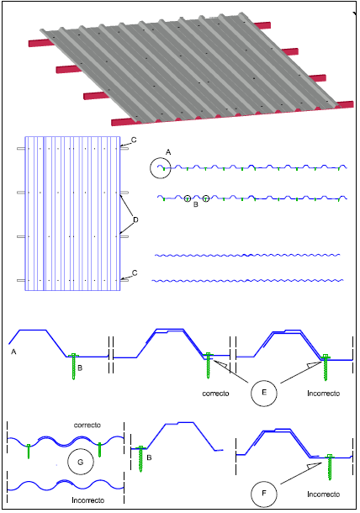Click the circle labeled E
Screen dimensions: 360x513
(251, 393)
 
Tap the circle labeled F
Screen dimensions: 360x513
(251, 494)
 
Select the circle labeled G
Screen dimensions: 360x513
(68, 462)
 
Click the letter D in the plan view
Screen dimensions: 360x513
(135, 219)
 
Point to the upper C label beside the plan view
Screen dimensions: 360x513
(134, 140)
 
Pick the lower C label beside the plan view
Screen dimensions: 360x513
(135, 272)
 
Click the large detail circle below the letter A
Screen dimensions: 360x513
(151, 168)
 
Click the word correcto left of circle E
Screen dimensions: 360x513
(215, 394)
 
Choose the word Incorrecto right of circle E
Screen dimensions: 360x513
(323, 394)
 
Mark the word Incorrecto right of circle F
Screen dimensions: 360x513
(323, 494)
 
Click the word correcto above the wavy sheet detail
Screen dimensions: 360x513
(87, 425)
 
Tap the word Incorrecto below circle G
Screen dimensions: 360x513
(88, 500)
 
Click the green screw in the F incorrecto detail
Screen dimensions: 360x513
(330, 468)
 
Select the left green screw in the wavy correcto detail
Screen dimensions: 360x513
(29, 451)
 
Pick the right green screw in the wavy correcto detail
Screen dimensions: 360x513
(99, 449)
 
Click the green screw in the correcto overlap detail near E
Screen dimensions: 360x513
(208, 366)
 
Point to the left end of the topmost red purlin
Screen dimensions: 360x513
(29, 43)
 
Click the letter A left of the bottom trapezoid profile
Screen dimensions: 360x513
(13, 352)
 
